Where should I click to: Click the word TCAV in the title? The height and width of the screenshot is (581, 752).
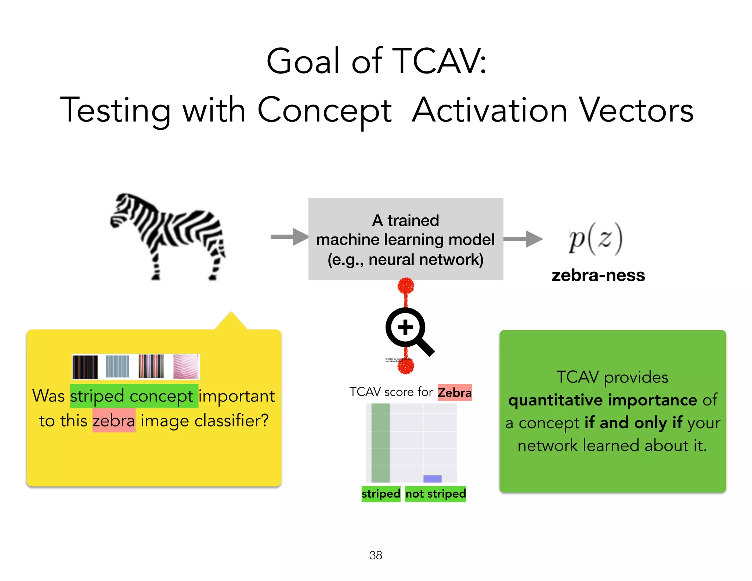pos(439,61)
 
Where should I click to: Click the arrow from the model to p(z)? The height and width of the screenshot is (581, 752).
pos(523,239)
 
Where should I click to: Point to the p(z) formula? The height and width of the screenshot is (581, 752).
pos(595,239)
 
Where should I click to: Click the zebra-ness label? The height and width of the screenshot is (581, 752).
pos(598,275)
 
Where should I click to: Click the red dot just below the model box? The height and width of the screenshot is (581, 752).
pos(406,285)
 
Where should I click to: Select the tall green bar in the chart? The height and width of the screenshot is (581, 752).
pos(380,443)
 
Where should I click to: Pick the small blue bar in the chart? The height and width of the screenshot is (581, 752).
pos(432,479)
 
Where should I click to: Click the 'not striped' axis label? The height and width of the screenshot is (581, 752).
pos(435,494)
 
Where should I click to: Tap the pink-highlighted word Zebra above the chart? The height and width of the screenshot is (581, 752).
pos(455,392)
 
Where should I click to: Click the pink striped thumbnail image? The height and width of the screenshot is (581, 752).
pos(186,367)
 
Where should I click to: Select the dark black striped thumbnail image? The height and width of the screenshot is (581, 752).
pos(85,367)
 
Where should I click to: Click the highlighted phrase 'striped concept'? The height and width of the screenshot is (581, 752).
pos(134,396)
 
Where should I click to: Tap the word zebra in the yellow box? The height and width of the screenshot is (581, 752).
pos(114,421)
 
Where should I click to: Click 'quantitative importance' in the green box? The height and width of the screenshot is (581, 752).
pos(602,400)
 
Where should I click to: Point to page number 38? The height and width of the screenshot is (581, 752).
pos(376,555)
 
